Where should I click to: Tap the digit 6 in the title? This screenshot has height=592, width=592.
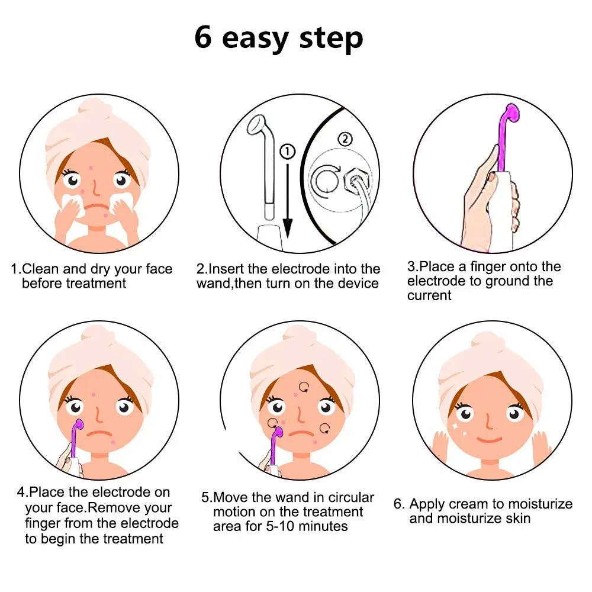tap(203, 37)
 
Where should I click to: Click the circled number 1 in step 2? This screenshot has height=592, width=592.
tap(287, 152)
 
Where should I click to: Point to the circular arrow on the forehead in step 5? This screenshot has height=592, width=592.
tap(304, 387)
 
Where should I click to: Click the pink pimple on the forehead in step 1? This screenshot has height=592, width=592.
tap(92, 169)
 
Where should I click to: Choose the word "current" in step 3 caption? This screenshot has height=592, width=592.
tap(429, 295)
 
